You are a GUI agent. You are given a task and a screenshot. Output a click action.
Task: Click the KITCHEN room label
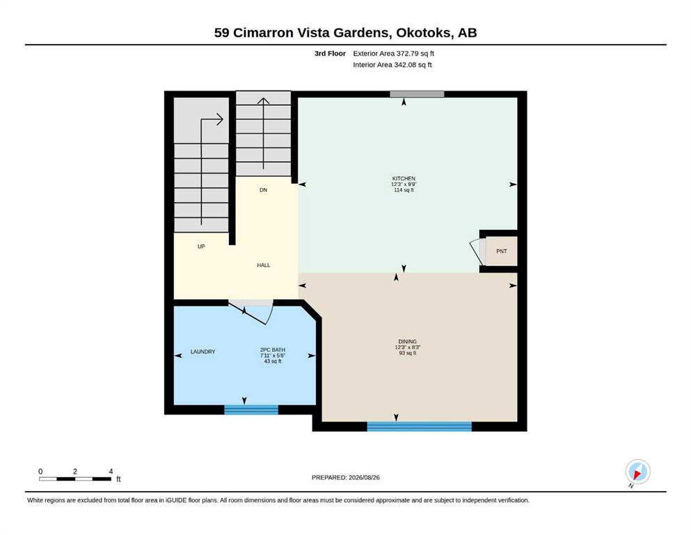(404, 178)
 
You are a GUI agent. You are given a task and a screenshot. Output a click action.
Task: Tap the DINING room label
(407, 341)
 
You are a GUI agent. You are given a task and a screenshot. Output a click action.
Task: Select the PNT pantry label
(502, 251)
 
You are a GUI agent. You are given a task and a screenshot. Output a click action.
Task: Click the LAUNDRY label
(202, 352)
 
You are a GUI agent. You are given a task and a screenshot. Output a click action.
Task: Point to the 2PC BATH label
(272, 350)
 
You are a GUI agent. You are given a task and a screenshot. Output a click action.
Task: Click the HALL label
(264, 265)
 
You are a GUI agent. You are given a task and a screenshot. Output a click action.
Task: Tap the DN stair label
(263, 190)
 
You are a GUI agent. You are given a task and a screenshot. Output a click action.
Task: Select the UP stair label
(201, 247)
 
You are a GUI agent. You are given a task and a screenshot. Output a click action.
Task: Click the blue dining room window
(419, 426)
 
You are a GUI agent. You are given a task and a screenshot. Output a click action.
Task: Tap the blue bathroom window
(251, 410)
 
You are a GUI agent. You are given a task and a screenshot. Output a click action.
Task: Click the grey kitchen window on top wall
(417, 94)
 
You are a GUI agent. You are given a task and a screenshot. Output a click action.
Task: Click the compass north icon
(637, 472)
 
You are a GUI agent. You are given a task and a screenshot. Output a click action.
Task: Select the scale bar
(75, 479)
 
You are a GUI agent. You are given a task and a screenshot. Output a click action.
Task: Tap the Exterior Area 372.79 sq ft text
(394, 54)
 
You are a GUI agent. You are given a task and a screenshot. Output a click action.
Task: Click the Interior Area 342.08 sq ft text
(392, 65)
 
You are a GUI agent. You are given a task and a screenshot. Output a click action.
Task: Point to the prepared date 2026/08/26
(364, 477)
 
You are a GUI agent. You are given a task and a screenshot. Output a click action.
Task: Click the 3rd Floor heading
(330, 54)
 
